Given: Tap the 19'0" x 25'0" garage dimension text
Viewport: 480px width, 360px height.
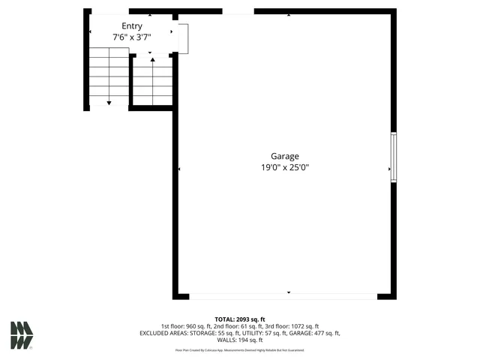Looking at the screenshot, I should point(280,168).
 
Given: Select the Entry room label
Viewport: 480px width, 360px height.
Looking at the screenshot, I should point(132,26).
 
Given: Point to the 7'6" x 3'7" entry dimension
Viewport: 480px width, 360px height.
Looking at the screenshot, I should point(132,37).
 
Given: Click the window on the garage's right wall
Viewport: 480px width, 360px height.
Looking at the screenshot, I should point(394,157).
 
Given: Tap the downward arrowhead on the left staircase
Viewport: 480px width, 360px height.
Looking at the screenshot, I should point(109,102).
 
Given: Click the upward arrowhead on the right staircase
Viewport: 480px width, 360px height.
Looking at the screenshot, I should point(153,59).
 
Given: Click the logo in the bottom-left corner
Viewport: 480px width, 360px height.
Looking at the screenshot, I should point(22,334).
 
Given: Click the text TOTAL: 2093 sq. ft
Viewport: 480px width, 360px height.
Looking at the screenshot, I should point(239,319).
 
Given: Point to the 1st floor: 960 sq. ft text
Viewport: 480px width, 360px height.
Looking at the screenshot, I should point(187,326).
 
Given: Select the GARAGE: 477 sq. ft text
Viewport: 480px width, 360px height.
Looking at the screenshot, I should point(314,333).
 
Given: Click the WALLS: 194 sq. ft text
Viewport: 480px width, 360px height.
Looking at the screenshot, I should point(239,340).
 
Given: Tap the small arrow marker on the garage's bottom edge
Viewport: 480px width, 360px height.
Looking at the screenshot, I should point(289,292).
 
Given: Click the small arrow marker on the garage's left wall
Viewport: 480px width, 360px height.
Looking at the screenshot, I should point(179,169).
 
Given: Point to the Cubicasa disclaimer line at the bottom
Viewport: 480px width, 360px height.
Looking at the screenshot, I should point(239,350).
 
